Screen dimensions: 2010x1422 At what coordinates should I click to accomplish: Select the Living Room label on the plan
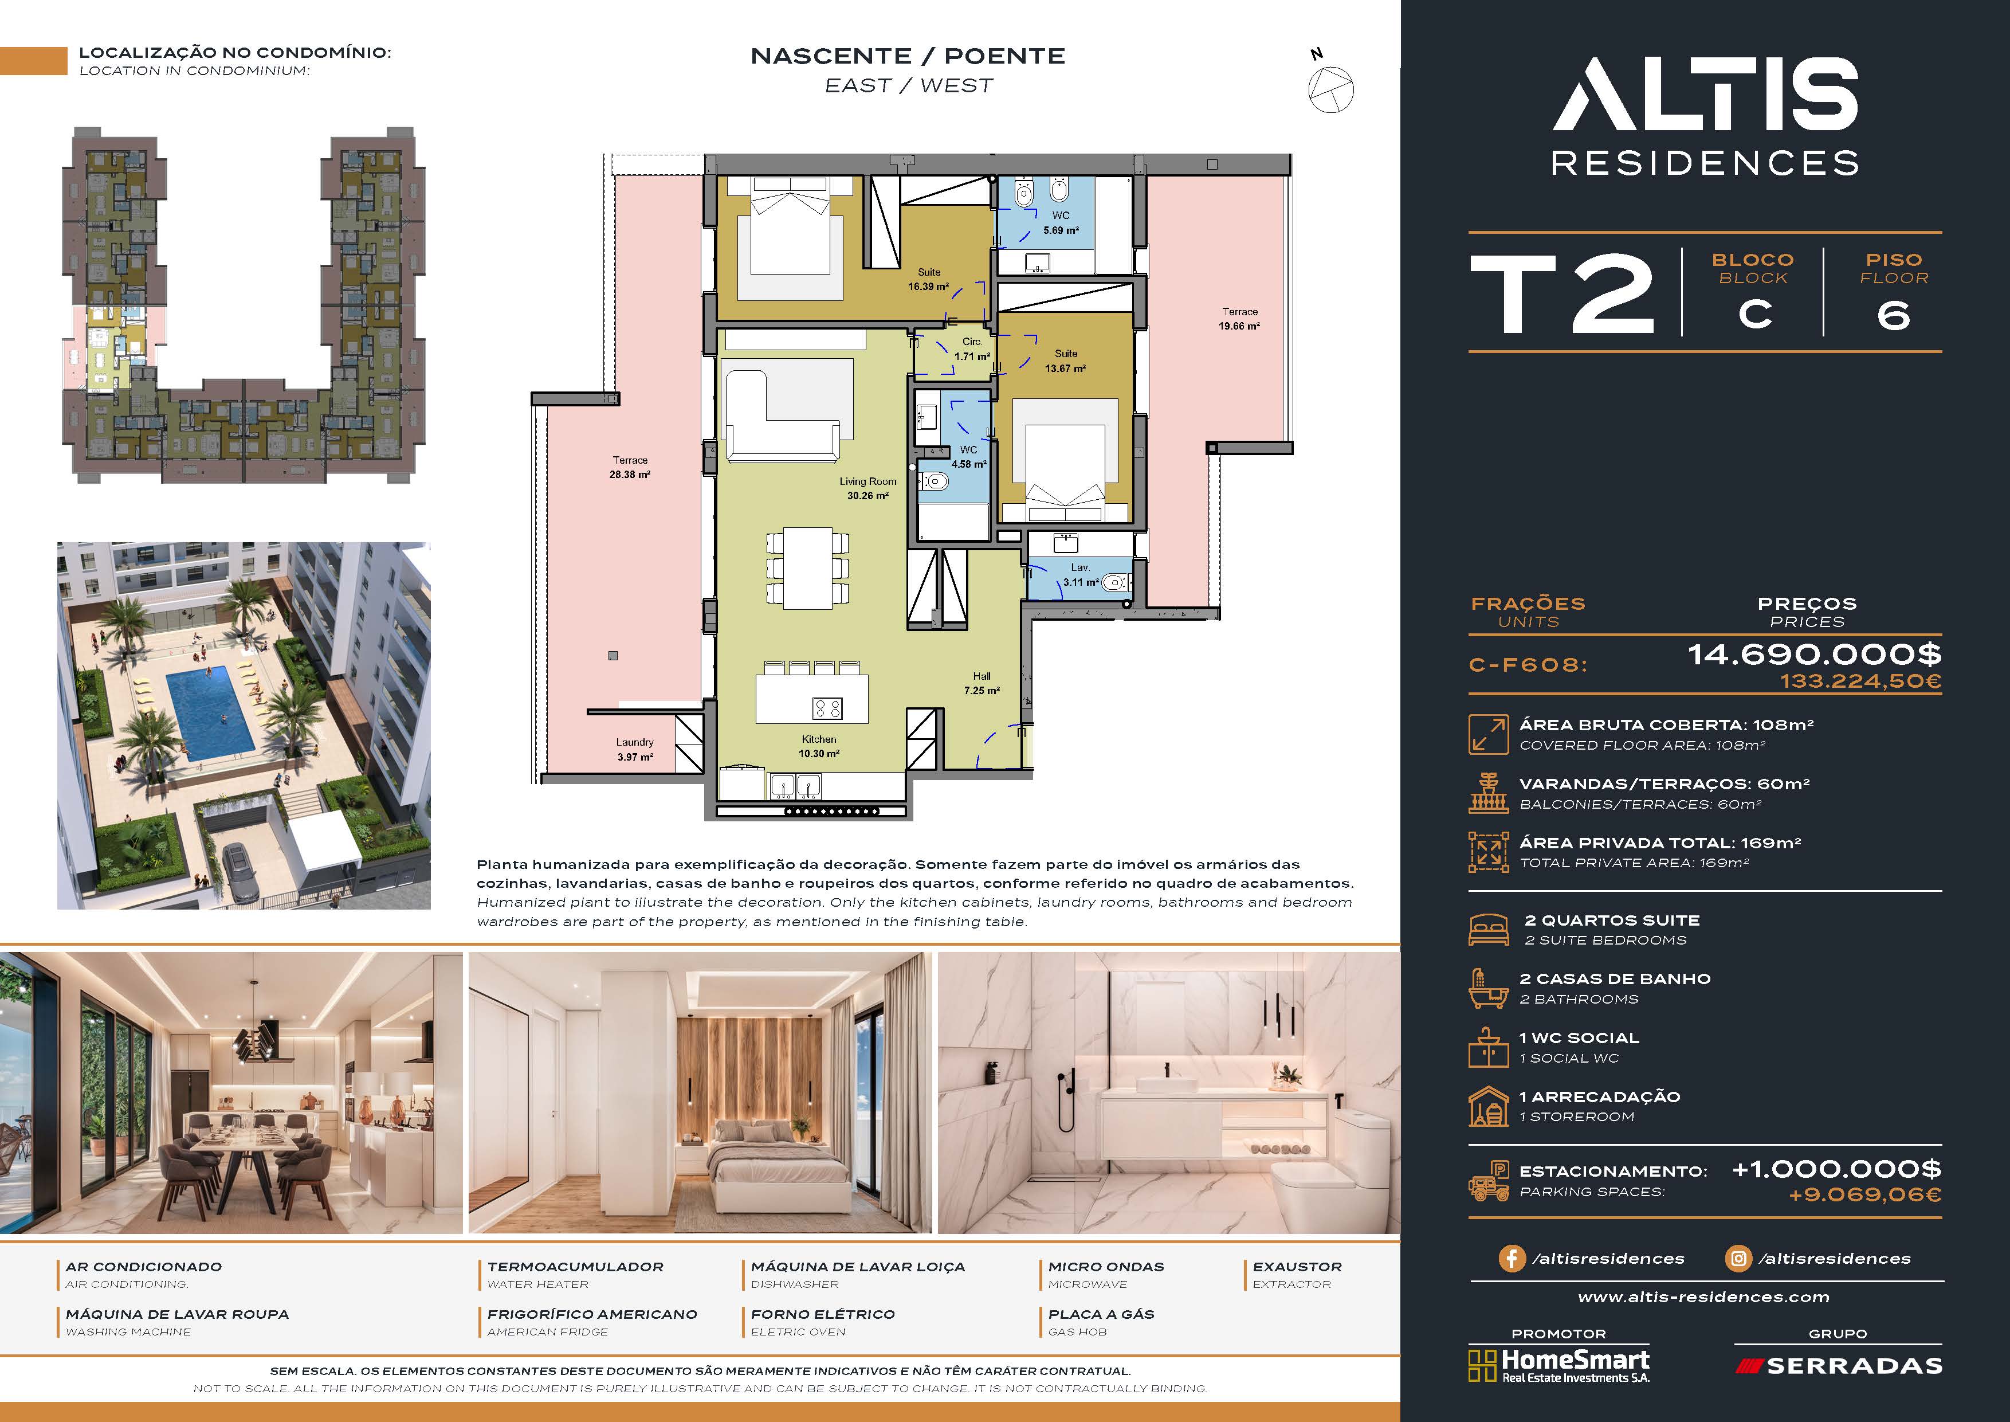click(867, 488)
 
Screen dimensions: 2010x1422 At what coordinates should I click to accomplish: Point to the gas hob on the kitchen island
click(827, 707)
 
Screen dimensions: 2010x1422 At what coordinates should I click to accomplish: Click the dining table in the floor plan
click(808, 567)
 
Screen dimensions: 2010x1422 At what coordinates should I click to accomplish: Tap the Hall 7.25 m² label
click(982, 683)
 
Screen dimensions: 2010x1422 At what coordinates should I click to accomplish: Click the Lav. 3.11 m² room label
click(1080, 574)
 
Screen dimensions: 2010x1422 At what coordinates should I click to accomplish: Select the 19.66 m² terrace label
click(1239, 319)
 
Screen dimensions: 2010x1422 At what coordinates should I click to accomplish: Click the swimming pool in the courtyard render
click(212, 713)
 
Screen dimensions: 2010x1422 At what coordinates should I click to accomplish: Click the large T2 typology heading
click(1562, 294)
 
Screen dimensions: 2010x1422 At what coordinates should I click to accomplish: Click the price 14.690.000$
click(1814, 654)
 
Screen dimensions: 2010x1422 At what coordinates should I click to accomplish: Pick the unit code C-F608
click(1529, 665)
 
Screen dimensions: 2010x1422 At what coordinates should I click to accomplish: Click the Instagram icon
click(1738, 1258)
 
